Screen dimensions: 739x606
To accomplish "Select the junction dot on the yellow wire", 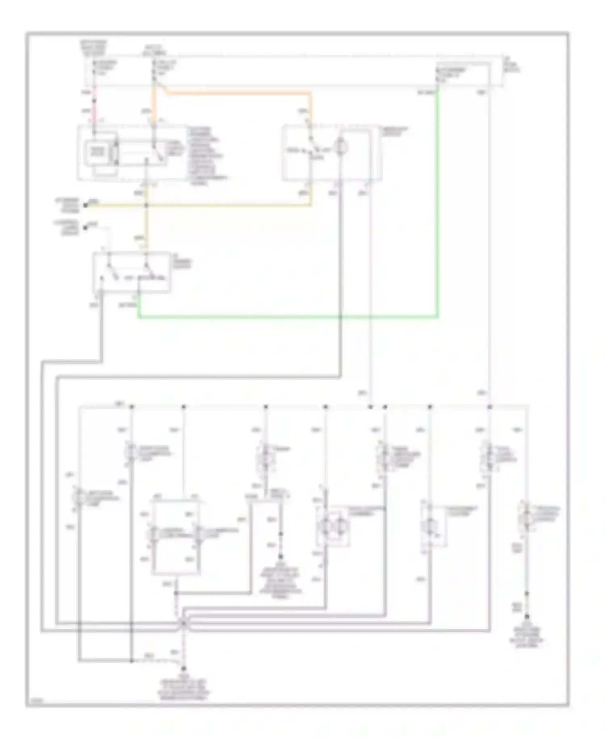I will click(x=146, y=205).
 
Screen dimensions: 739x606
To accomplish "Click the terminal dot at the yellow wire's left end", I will click(x=86, y=205).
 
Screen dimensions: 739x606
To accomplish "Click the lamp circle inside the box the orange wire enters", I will click(x=341, y=147).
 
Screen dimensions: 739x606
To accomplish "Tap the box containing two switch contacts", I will click(x=132, y=272).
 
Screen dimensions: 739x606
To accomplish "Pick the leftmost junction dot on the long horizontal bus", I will click(x=132, y=406).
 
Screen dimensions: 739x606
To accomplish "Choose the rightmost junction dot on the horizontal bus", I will click(x=489, y=406).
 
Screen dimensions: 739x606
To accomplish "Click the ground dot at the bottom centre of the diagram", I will click(x=183, y=669).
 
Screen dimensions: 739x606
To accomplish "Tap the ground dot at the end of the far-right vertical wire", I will click(x=527, y=617).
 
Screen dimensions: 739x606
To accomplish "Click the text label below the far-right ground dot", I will click(x=527, y=637).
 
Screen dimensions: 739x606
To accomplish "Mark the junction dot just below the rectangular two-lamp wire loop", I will click(x=176, y=593).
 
